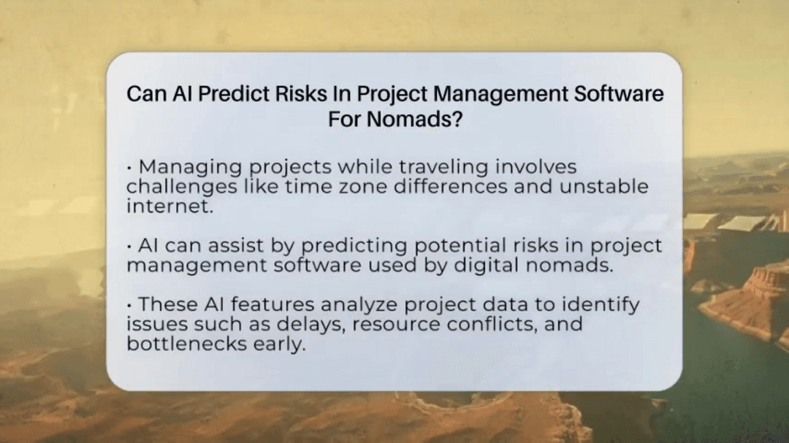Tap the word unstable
[604, 186]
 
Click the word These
[166, 304]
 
